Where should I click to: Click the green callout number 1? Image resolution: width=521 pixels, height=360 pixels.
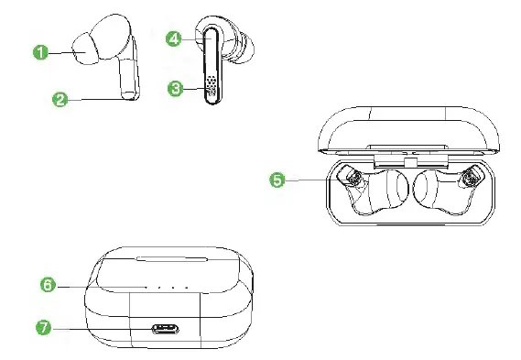[x=41, y=52]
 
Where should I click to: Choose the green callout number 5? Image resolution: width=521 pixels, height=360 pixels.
[x=277, y=180]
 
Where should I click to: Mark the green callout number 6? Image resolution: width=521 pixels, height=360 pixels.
[x=49, y=285]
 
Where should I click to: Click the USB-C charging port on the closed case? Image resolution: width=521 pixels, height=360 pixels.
[x=167, y=328]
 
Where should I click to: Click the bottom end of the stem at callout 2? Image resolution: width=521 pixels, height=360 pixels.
[x=127, y=94]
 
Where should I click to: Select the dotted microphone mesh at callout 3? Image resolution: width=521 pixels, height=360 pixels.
[x=211, y=86]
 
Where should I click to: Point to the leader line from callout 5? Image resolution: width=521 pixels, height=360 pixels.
[x=311, y=180]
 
